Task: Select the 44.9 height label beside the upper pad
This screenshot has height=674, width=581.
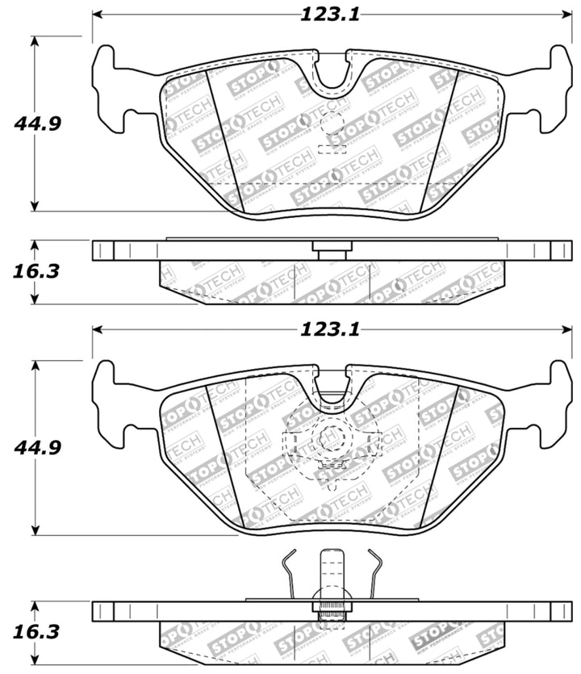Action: coord(38,123)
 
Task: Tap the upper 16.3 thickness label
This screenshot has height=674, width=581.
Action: coord(38,271)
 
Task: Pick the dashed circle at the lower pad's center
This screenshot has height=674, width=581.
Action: coord(328,441)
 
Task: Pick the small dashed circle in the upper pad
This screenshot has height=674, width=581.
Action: coord(333,128)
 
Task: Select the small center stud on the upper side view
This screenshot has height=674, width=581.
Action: coord(330,253)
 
